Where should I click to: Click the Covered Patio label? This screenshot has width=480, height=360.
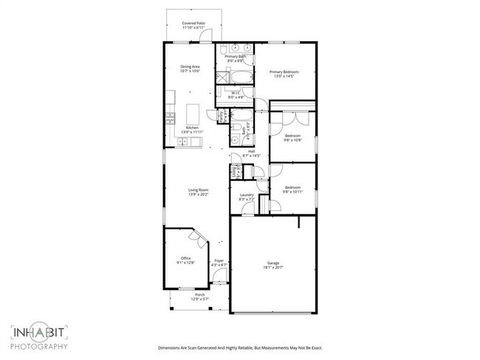click(x=194, y=24)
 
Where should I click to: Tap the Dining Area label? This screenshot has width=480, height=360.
click(x=191, y=67)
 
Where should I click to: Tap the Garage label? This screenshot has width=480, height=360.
click(x=273, y=263)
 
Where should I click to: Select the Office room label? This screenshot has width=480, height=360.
click(x=185, y=258)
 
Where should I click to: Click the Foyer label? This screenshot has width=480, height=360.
click(x=219, y=261)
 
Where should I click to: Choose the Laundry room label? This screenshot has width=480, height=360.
click(x=247, y=195)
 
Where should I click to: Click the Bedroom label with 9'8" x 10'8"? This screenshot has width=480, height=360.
click(x=293, y=136)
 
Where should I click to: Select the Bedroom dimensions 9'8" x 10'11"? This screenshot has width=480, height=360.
click(x=293, y=191)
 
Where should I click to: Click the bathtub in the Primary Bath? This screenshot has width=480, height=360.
click(x=240, y=76)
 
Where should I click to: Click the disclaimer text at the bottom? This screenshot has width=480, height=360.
click(x=239, y=347)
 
